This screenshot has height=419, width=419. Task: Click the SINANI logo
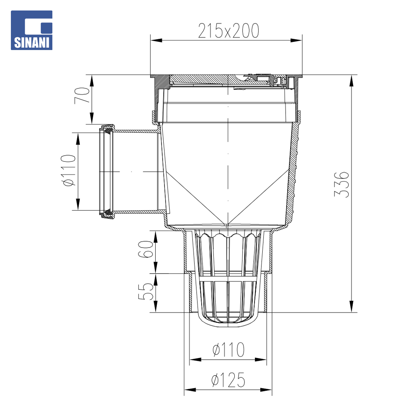click(x=31, y=30)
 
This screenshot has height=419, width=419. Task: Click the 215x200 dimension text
click(x=229, y=31)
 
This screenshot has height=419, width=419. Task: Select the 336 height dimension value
click(x=342, y=184)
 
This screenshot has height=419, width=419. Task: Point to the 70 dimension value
click(x=82, y=95)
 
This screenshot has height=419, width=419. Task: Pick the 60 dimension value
click(x=145, y=249)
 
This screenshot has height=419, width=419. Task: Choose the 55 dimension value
click(x=145, y=291)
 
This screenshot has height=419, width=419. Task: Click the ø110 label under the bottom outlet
click(x=229, y=350)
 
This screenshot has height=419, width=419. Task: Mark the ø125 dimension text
click(x=228, y=380)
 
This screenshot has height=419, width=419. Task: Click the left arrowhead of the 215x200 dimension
click(x=156, y=41)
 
